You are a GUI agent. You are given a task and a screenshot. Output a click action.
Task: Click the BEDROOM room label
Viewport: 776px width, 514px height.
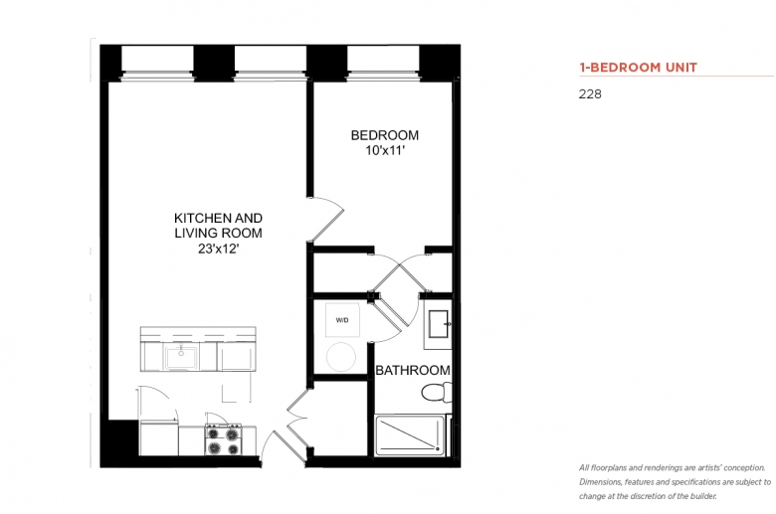(385, 135)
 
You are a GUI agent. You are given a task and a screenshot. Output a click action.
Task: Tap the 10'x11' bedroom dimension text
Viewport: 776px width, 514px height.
(385, 150)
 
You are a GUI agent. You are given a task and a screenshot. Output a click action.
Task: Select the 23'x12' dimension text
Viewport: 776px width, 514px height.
(218, 249)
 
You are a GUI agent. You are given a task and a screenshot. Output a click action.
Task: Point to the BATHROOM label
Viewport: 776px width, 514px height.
(413, 370)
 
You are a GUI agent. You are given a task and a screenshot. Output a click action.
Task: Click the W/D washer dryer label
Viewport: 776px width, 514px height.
(342, 320)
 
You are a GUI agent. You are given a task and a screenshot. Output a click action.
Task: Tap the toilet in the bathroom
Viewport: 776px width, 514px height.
(437, 393)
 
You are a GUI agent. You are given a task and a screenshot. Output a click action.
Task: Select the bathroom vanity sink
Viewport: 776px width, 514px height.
(439, 324)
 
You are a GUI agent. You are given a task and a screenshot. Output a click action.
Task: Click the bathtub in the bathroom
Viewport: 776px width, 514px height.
(410, 434)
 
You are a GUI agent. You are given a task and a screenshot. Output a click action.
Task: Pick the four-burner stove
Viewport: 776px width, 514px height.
(223, 440)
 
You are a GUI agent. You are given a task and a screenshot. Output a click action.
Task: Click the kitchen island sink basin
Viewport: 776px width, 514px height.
(181, 357)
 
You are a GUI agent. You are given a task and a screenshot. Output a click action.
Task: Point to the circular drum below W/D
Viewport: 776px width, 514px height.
(341, 357)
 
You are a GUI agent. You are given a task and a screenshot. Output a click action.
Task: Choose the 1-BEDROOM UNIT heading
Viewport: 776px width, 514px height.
(639, 68)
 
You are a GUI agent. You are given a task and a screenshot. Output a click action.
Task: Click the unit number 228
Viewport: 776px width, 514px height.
(590, 94)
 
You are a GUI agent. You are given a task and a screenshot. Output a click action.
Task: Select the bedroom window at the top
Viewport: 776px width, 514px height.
(383, 63)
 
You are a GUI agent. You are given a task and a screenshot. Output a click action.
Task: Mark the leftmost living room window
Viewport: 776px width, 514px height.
(157, 63)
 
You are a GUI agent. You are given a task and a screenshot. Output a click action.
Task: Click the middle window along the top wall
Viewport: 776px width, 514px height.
(271, 63)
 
